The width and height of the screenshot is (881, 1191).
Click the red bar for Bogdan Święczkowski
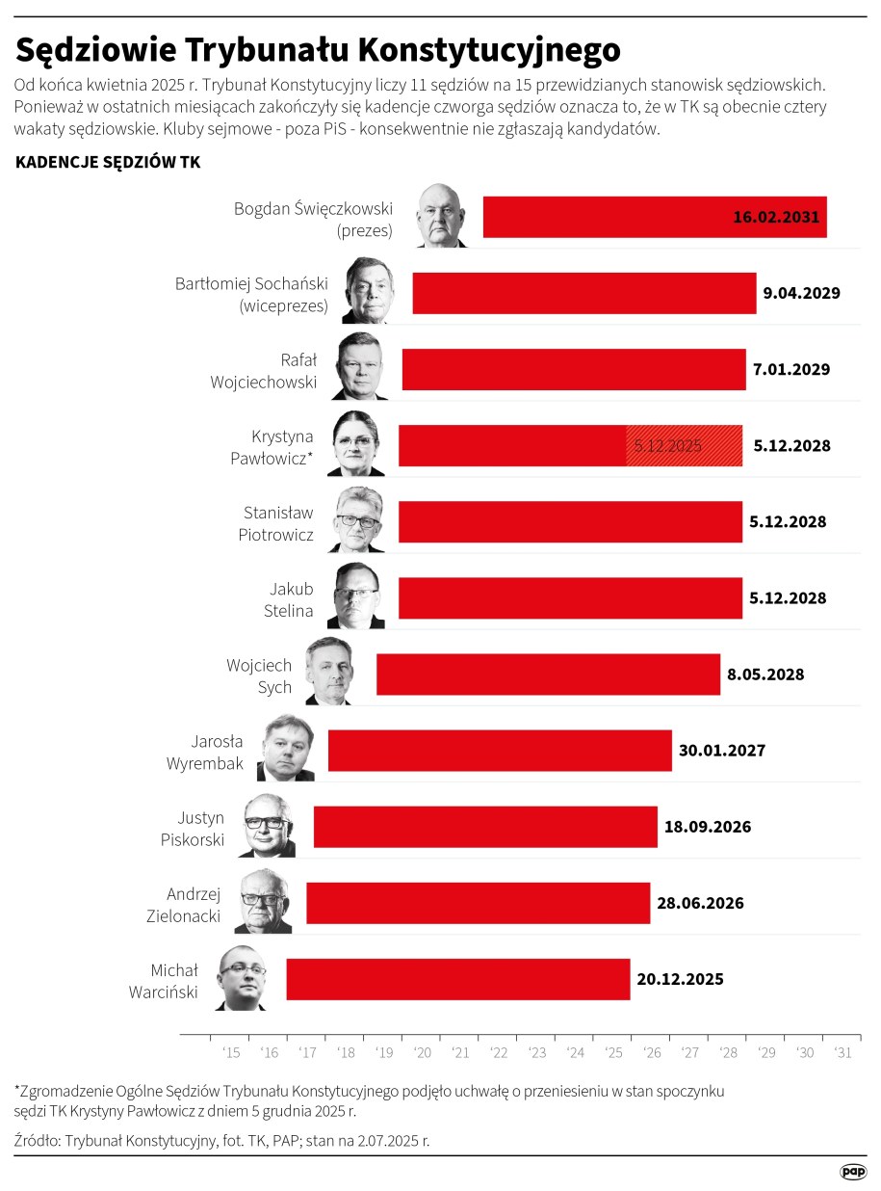pyautogui.click(x=597, y=217)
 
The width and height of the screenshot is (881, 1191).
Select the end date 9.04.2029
pyautogui.click(x=802, y=293)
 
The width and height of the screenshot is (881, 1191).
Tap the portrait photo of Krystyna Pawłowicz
pyautogui.click(x=356, y=444)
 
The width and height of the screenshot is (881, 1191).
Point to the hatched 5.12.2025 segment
pyautogui.click(x=684, y=446)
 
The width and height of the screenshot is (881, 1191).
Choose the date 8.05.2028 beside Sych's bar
pyautogui.click(x=765, y=675)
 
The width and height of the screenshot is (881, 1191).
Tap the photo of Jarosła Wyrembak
pyautogui.click(x=286, y=749)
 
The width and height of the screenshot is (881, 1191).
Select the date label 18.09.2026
pyautogui.click(x=708, y=827)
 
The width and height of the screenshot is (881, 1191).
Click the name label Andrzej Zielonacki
pyautogui.click(x=194, y=904)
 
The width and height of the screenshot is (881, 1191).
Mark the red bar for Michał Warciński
pyautogui.click(x=457, y=979)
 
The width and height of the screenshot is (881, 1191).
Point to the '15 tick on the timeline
pyautogui.click(x=231, y=1053)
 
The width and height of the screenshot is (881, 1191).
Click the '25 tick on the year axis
pyautogui.click(x=613, y=1053)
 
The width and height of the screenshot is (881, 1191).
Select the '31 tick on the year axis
pyautogui.click(x=842, y=1053)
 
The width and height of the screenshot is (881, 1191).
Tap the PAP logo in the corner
pyautogui.click(x=853, y=1171)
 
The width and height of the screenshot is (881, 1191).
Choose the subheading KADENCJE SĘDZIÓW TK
pyautogui.click(x=108, y=163)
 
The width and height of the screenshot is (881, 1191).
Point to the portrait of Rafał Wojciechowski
pyautogui.click(x=359, y=367)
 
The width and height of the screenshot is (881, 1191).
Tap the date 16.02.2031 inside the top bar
pyautogui.click(x=776, y=218)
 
